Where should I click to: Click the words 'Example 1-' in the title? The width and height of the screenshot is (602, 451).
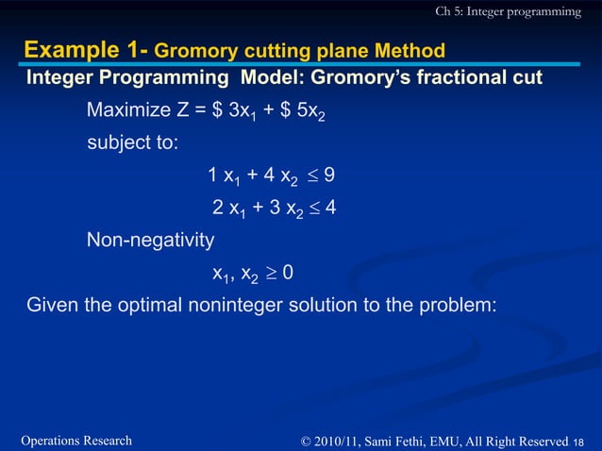click(85, 49)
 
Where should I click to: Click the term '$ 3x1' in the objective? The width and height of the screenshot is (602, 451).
click(238, 113)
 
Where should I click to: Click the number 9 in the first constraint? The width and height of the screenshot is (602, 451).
click(328, 175)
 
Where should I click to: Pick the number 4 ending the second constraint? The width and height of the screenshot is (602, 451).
click(330, 208)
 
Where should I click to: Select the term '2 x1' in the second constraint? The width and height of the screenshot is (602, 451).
click(229, 209)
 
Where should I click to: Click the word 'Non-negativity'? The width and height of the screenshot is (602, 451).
click(150, 241)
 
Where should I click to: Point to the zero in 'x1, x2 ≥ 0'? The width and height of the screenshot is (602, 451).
click(288, 273)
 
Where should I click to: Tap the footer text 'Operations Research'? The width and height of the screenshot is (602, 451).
click(75, 441)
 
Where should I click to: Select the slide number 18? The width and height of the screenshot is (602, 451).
click(579, 442)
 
